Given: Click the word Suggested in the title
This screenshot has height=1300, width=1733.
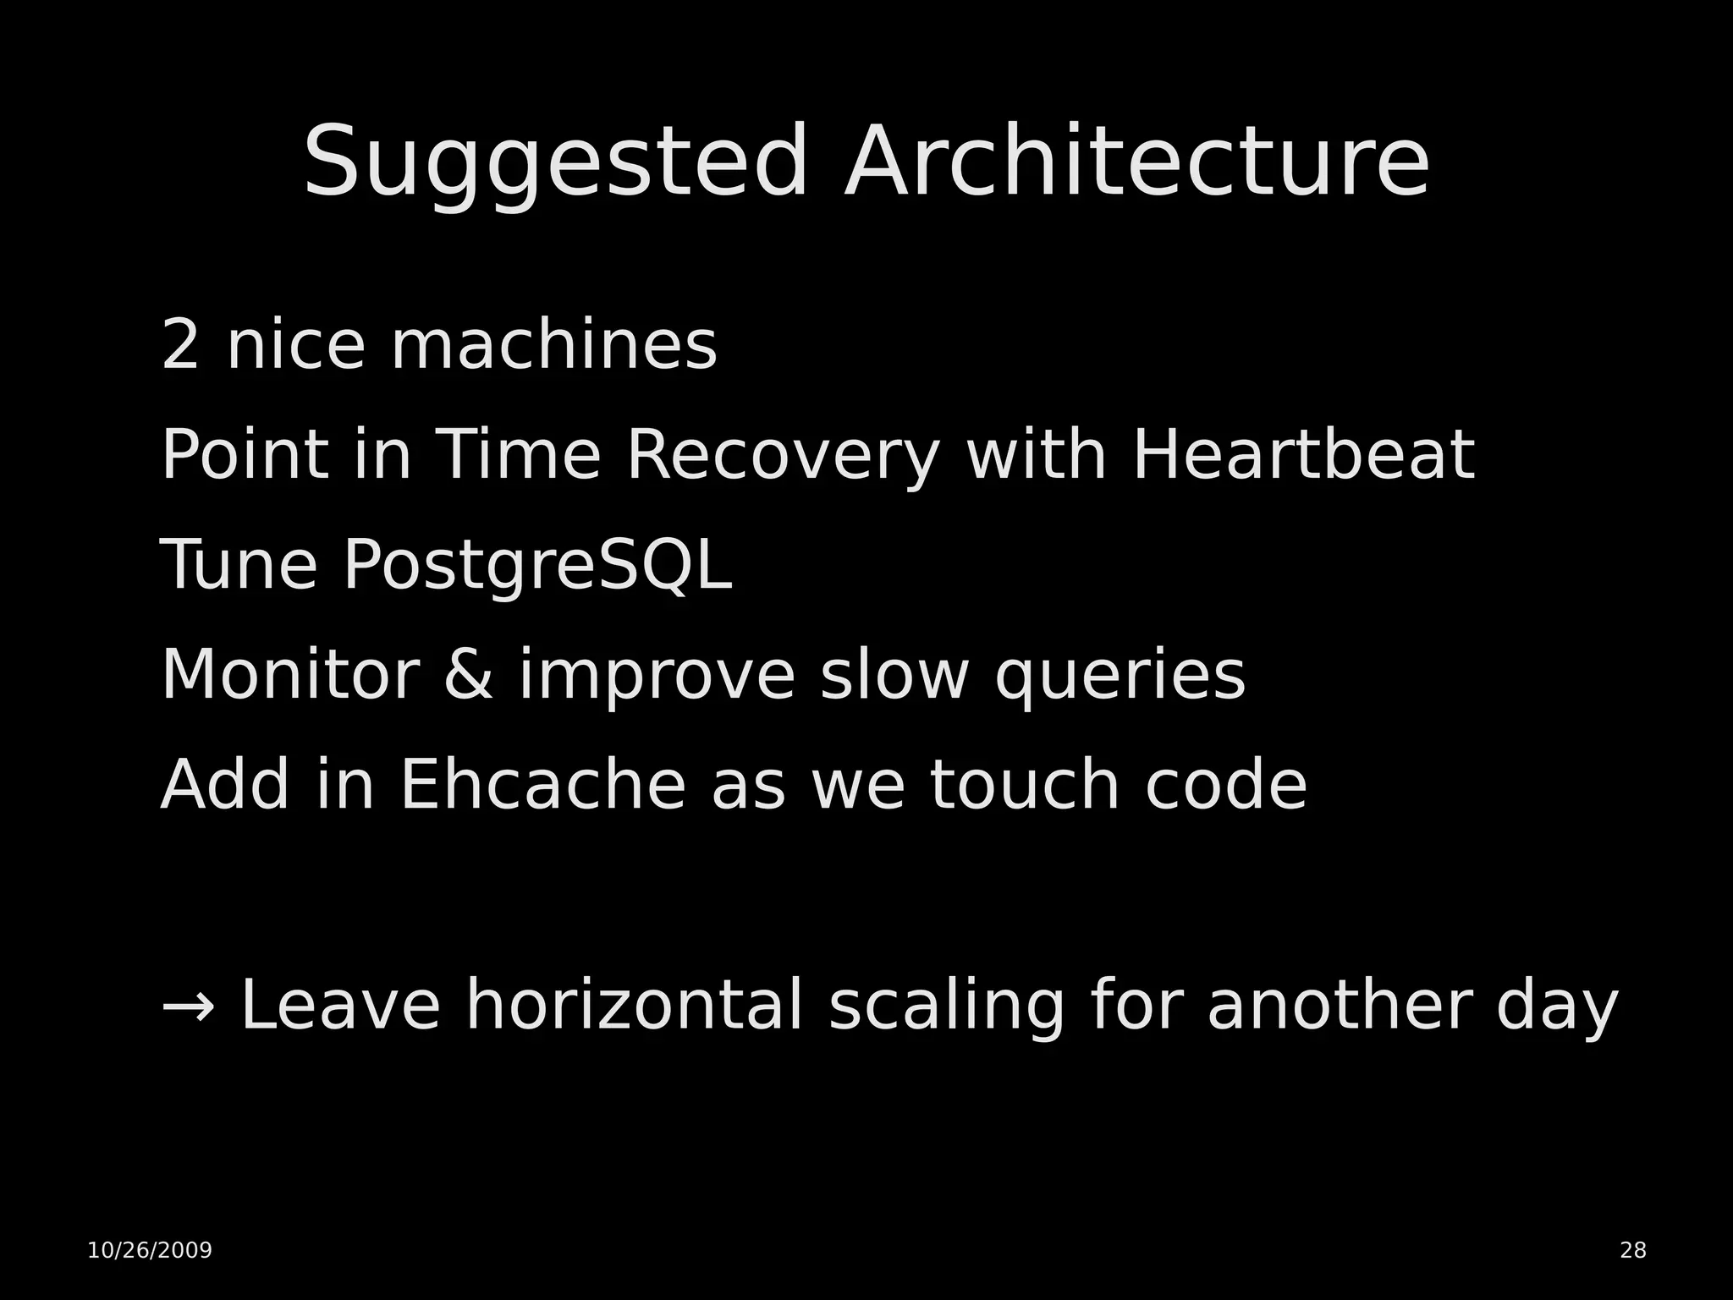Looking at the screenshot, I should coord(555,162).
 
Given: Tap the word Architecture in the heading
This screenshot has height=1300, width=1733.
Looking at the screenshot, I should coord(1136,162).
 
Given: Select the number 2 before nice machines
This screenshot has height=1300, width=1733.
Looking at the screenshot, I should coord(179,345).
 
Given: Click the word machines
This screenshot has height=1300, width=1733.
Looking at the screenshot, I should coord(553,345).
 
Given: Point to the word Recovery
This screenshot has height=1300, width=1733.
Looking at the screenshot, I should coord(783,457).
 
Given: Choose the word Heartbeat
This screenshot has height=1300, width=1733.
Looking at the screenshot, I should coord(1303,455).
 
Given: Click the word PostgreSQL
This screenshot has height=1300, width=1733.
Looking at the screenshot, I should coord(537,567).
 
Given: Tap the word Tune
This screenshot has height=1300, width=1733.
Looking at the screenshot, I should coord(239,565).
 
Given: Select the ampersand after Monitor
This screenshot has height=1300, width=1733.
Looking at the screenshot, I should coord(468,675).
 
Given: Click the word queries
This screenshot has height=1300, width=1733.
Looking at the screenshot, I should coord(1120,677).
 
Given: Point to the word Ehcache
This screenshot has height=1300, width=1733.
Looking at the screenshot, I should coord(542,785).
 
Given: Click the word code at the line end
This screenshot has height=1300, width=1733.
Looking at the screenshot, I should coord(1226,785).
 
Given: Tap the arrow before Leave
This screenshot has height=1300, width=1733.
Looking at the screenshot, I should coord(188,1007).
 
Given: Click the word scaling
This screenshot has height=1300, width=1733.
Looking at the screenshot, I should coord(946,1007).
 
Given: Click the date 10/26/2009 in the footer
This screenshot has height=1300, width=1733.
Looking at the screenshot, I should coord(150,1250).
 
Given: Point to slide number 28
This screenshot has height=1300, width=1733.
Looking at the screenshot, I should coord(1633,1250).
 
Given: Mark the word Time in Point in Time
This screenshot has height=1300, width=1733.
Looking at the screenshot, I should coord(517,455).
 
